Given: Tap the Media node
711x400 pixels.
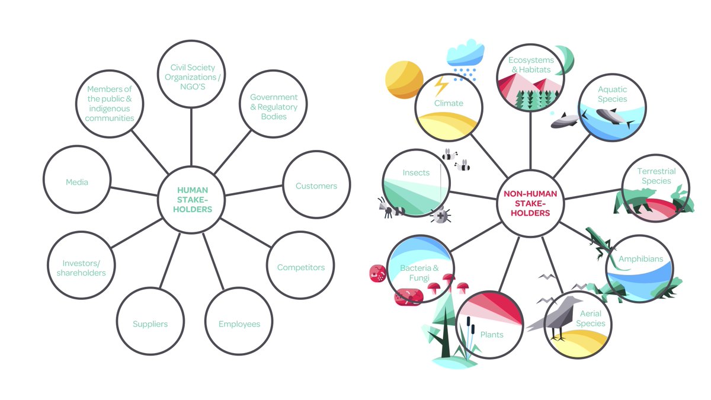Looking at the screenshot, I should pos(77,182).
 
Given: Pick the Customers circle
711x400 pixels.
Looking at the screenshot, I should pos(316,186).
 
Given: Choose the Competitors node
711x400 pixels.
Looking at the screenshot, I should pos(300,267).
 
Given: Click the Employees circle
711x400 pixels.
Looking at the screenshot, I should pos(239,324).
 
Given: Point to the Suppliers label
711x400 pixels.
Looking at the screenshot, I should pos(150,324).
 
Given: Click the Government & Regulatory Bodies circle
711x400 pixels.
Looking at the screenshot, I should pos(273,107).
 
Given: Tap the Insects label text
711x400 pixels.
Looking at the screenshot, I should pos(416,172).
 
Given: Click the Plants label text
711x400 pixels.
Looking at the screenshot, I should pos(492,335).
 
